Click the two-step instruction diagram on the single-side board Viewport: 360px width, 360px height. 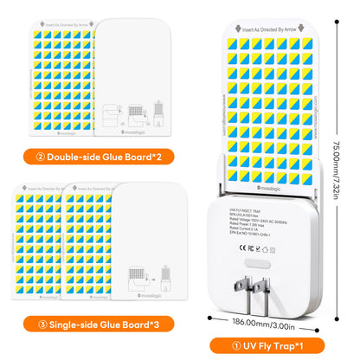click(x=140, y=278)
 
